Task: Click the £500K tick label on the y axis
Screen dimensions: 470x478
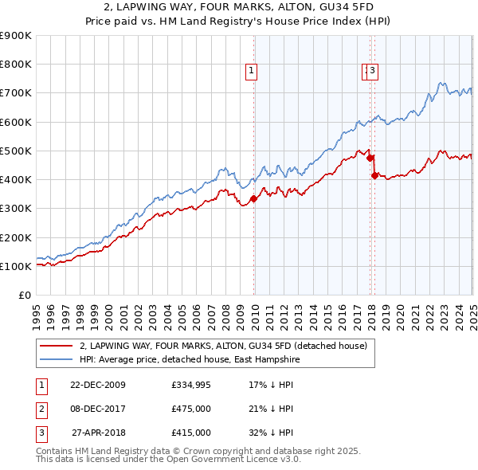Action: (x=16, y=151)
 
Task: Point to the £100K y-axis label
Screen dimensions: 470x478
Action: (x=16, y=266)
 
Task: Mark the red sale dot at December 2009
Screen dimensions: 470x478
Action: (x=254, y=198)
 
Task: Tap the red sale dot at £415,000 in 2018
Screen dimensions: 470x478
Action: (x=374, y=175)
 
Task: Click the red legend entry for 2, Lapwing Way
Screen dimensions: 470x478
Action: (x=223, y=346)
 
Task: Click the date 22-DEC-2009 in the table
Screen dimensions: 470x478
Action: (x=98, y=385)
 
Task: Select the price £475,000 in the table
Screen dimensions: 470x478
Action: (x=190, y=409)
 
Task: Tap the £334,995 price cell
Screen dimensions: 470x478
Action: (x=190, y=385)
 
